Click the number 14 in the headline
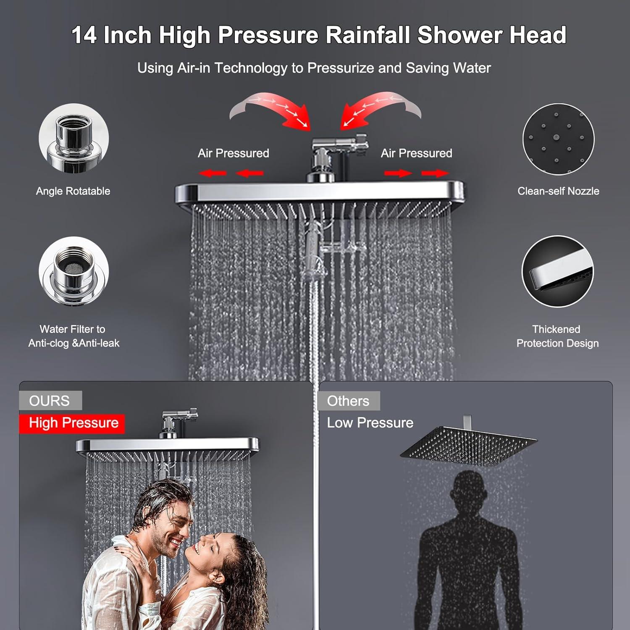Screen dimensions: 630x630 coord(85,35)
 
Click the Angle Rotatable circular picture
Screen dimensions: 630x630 coord(73,139)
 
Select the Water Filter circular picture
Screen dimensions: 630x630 coord(73,271)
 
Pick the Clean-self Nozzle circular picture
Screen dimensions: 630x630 coord(558,139)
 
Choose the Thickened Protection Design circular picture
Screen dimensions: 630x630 coord(557,271)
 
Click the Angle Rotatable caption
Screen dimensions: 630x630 coord(73,191)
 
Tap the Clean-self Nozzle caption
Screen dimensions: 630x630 coord(558,191)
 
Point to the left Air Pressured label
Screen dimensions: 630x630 coord(234,153)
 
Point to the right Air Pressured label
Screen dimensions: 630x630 coord(416,153)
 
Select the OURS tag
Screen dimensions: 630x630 coord(50,401)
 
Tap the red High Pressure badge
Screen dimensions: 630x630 coord(73,423)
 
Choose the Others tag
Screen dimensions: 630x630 coord(348,401)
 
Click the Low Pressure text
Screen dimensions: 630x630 coord(370,423)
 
